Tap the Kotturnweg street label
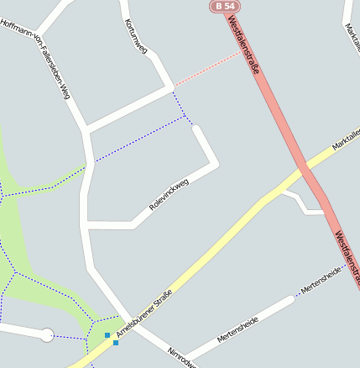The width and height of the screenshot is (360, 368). click(134, 37)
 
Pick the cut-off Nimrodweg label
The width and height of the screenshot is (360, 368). click(181, 357)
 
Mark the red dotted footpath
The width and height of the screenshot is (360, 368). click(207, 69)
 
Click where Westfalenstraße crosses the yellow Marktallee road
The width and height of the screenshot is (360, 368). click(305, 172)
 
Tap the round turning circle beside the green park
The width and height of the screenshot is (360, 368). click(47, 335)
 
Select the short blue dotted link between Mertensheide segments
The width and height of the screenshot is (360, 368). click(297, 294)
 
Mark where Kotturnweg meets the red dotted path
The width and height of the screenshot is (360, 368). click(172, 87)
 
